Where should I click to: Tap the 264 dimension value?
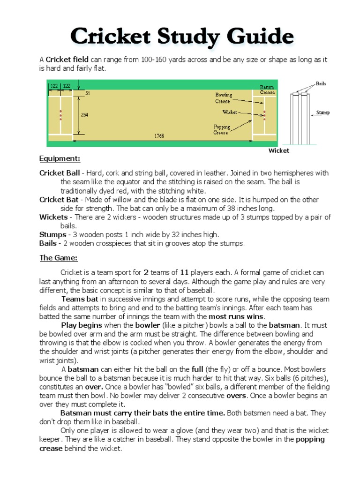click(84, 115)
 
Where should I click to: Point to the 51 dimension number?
click(87, 93)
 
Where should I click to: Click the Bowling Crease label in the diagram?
click(223, 98)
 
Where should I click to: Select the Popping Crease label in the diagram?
click(221, 129)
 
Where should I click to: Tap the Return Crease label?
click(268, 90)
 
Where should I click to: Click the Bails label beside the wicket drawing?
click(321, 84)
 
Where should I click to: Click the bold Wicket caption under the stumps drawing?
click(278, 150)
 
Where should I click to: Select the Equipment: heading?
click(60, 159)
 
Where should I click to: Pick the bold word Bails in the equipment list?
click(48, 243)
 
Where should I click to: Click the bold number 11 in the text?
click(185, 272)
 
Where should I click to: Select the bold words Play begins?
click(80, 325)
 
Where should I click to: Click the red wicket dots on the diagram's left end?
click(60, 115)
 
